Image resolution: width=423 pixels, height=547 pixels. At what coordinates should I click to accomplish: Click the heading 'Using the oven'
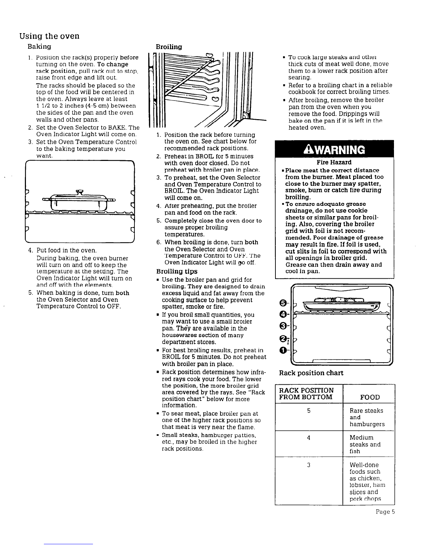[49, 36]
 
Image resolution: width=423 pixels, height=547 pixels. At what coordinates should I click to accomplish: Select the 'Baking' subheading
[39, 46]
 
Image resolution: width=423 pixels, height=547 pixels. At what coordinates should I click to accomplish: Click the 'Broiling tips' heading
[177, 271]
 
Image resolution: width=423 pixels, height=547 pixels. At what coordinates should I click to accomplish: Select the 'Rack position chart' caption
[311, 373]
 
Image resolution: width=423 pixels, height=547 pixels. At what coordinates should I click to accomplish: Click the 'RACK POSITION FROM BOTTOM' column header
[306, 394]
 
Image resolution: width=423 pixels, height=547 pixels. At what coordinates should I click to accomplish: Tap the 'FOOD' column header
[370, 397]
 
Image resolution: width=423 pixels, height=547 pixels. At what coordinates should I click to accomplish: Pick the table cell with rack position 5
[309, 411]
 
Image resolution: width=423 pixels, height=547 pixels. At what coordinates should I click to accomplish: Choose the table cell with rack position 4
[309, 438]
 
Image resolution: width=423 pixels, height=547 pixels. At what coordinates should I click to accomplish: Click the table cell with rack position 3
[309, 465]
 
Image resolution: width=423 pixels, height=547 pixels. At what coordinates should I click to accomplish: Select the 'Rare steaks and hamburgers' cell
[367, 417]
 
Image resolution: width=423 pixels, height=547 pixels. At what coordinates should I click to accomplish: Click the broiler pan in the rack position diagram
[340, 304]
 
